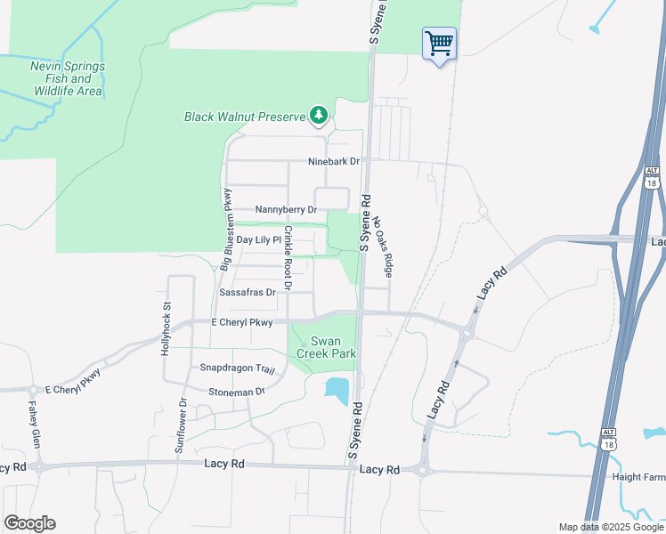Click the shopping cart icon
tap(439, 43)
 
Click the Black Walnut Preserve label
tap(244, 117)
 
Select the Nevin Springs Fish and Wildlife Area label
tap(68, 78)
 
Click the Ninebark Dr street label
tap(333, 162)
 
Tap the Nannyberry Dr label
tap(286, 210)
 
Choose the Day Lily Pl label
tap(258, 241)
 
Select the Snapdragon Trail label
tap(238, 368)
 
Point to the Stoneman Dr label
tap(237, 392)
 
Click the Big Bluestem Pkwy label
tap(226, 229)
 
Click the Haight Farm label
tap(638, 477)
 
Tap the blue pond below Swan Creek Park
tap(337, 390)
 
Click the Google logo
tap(30, 523)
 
